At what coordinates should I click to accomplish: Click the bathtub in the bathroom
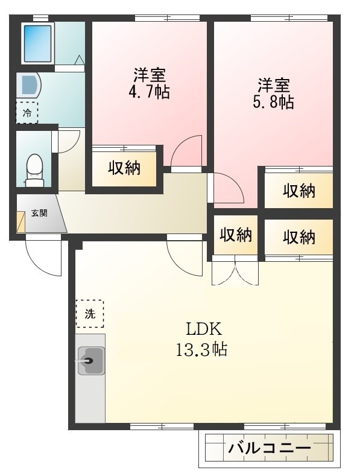click(x=37, y=43)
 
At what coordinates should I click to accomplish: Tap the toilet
click(x=34, y=171)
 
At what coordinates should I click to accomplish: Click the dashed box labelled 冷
click(x=27, y=113)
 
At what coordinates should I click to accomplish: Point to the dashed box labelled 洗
click(x=90, y=314)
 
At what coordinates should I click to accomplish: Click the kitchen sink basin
click(x=91, y=361)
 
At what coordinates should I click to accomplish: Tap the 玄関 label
click(x=39, y=213)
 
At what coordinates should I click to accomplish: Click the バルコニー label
click(x=270, y=448)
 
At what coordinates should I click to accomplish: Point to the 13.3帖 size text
click(x=201, y=349)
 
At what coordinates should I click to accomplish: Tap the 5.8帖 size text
click(x=274, y=102)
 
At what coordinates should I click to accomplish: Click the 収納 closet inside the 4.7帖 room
click(x=124, y=168)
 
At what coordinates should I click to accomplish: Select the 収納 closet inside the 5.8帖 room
click(x=299, y=191)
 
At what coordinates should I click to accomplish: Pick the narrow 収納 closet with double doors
click(x=236, y=235)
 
